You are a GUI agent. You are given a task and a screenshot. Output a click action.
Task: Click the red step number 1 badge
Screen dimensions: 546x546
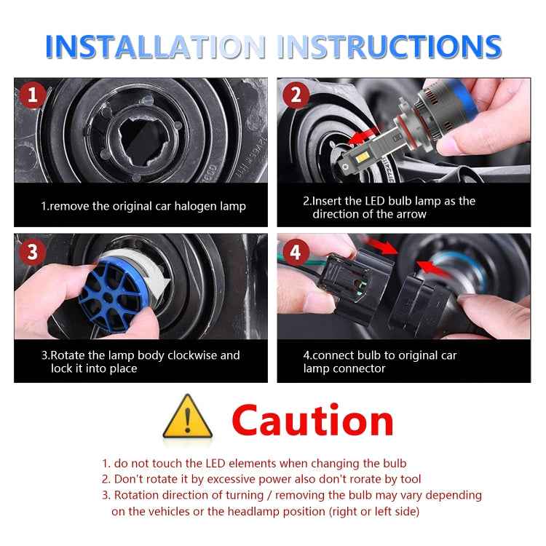pyautogui.click(x=31, y=95)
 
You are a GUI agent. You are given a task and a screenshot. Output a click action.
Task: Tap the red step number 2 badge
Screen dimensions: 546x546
pyautogui.click(x=295, y=95)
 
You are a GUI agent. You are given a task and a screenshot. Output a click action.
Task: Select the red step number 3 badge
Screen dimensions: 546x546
pyautogui.click(x=31, y=252)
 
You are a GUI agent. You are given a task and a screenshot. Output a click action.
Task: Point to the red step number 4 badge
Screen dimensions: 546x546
pyautogui.click(x=295, y=252)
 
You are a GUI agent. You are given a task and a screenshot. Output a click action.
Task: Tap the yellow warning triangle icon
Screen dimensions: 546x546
pyautogui.click(x=188, y=419)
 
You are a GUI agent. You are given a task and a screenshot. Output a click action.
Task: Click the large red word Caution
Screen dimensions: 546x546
pyautogui.click(x=313, y=420)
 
